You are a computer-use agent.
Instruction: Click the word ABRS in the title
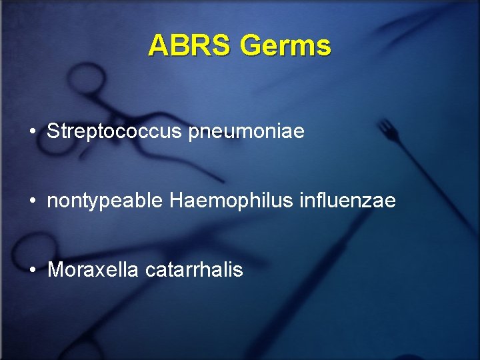point(190,46)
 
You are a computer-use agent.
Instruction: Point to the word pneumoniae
point(247,132)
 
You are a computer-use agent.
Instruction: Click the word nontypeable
point(105,201)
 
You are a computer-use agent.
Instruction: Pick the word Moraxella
point(93,270)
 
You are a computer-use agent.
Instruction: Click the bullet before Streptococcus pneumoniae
point(32,132)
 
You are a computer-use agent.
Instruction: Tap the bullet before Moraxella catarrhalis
point(32,271)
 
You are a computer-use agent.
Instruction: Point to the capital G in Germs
point(251,46)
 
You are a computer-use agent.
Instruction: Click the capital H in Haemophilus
point(177,201)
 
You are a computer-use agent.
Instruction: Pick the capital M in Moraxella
point(55,270)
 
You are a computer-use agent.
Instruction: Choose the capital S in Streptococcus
point(53,131)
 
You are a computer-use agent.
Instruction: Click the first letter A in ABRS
point(158,46)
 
